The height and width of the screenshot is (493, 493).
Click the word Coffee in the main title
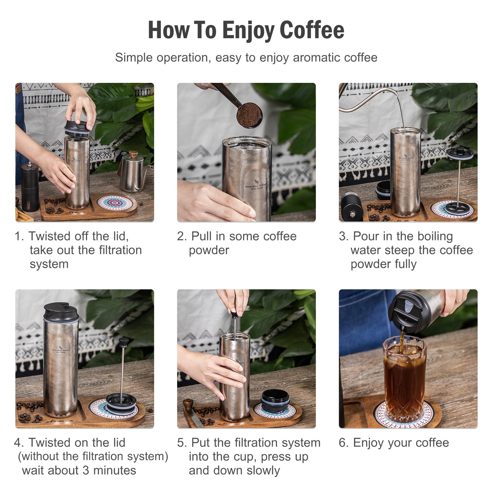pyautogui.click(x=312, y=30)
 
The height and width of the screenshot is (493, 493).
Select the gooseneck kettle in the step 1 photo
pyautogui.click(x=132, y=173)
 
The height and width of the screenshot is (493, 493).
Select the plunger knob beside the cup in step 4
pyautogui.click(x=123, y=341)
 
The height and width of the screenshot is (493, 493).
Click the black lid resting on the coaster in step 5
pyautogui.click(x=275, y=400)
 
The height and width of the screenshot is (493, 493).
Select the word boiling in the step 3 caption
pyautogui.click(x=435, y=236)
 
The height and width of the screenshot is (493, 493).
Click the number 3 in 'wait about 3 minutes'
pyautogui.click(x=86, y=470)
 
